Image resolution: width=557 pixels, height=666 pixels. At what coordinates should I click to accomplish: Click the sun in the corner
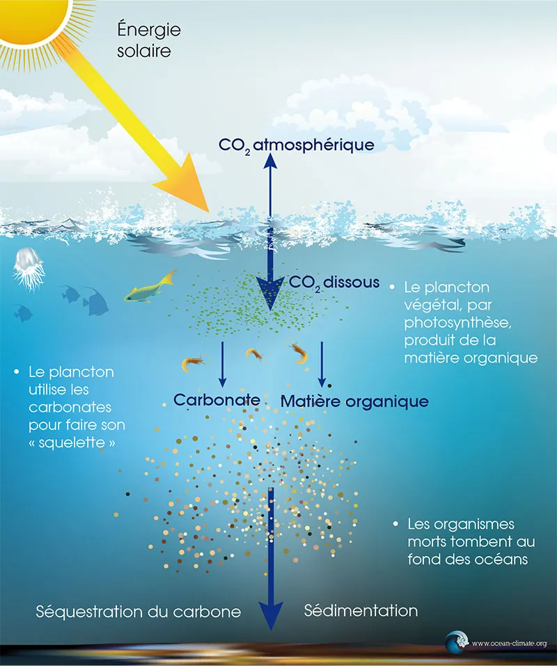pos(31,14)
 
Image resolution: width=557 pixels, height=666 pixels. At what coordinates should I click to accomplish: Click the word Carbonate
pos(217,400)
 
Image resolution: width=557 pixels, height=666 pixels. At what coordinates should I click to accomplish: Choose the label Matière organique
pos(354,401)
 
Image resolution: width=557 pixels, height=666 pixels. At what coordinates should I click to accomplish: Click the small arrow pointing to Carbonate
pos(222,379)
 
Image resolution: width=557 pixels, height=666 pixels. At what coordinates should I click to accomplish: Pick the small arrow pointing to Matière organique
pos(322,379)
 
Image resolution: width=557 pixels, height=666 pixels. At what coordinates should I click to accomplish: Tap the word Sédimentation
pos(361,611)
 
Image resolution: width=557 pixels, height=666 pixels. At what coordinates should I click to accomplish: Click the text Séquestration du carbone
pos(139,612)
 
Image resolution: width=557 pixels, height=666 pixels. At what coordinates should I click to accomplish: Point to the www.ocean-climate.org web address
pos(509,644)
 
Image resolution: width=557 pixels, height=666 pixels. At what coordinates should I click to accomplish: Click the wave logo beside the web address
pos(457,642)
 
